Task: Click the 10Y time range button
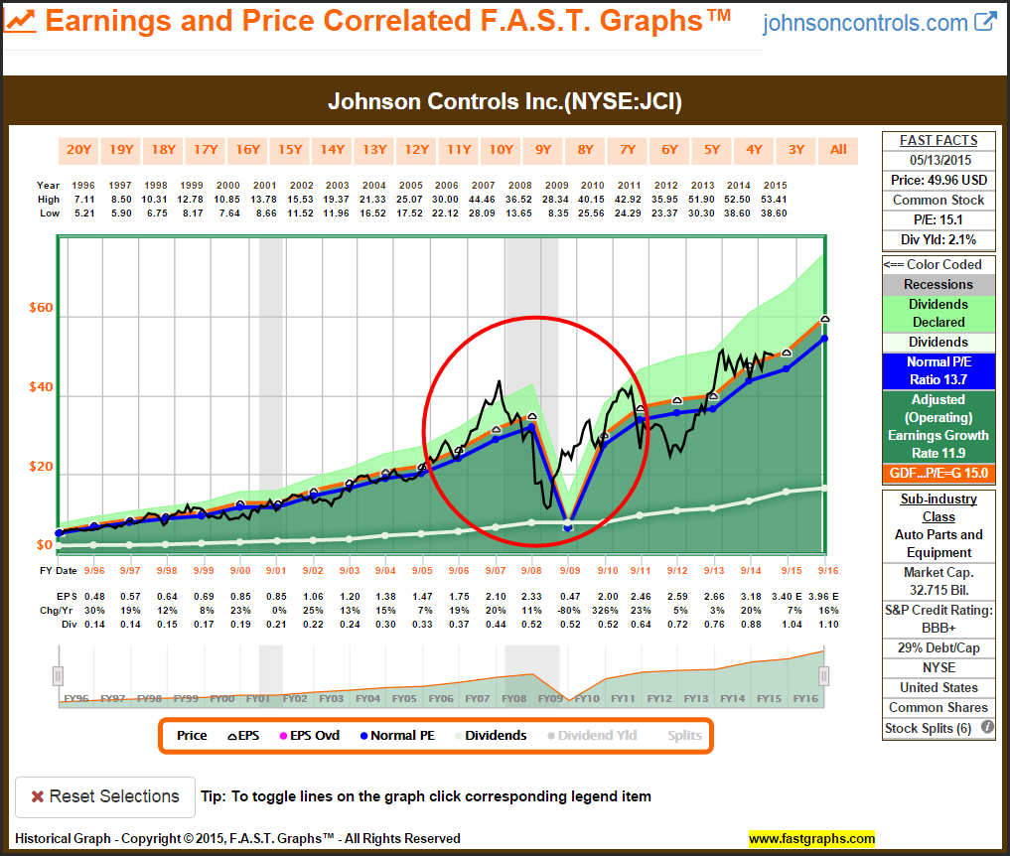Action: pyautogui.click(x=502, y=150)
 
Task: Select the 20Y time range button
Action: pyautogui.click(x=78, y=150)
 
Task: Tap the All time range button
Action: pyautogui.click(x=838, y=150)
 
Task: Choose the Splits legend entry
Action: pyautogui.click(x=684, y=736)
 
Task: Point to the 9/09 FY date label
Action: pyautogui.click(x=569, y=570)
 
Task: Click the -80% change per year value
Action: pyautogui.click(x=569, y=609)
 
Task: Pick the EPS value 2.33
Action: pyautogui.click(x=531, y=595)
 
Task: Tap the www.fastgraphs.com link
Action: pyautogui.click(x=811, y=838)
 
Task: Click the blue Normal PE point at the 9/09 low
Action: pyautogui.click(x=568, y=528)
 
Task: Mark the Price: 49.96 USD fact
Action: pyautogui.click(x=938, y=180)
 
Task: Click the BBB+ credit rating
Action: pyautogui.click(x=938, y=629)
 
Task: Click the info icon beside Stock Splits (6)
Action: pyautogui.click(x=987, y=728)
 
